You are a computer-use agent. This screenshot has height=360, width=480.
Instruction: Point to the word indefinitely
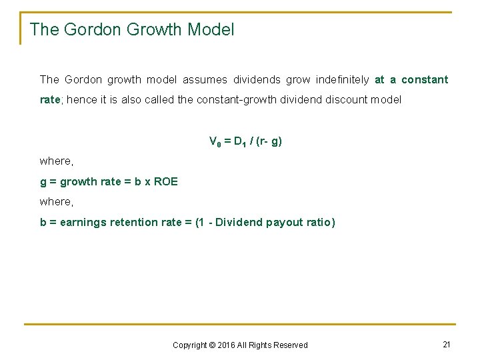point(337,80)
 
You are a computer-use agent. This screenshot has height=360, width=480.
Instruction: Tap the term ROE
point(165,181)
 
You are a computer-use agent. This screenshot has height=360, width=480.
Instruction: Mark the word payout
point(285,222)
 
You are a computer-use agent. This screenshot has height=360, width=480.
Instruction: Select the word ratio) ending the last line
point(320,222)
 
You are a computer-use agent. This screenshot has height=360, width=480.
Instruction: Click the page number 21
point(447,344)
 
